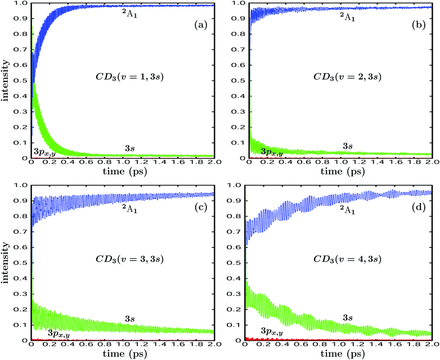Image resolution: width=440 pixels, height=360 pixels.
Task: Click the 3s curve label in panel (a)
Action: pyautogui.click(x=130, y=147)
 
